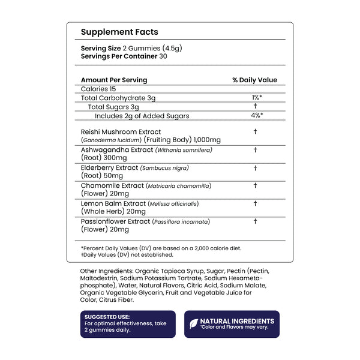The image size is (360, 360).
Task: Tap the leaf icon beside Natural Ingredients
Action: coord(194,323)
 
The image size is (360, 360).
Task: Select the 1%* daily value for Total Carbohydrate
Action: coord(255,97)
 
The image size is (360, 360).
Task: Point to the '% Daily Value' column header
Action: coord(255,80)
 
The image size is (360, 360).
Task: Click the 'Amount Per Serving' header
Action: coord(113,80)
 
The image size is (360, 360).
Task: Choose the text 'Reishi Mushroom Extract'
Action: coord(121,131)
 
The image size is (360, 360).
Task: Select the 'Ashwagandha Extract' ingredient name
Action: coord(116,149)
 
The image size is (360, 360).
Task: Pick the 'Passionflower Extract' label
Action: coord(116,222)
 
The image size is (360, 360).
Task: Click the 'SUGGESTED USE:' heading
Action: coord(107,317)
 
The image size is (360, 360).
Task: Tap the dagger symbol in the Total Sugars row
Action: coord(255,106)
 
